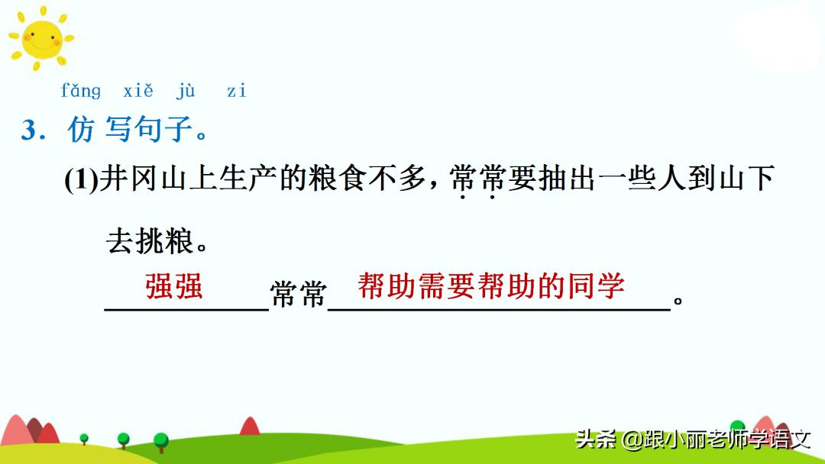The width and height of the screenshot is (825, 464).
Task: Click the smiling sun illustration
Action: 40,39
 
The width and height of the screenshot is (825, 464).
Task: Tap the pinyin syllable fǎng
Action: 80,91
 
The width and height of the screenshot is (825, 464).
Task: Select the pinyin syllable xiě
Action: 138,91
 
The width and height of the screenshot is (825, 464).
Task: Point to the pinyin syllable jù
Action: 186,92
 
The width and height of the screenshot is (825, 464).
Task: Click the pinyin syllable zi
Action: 237,92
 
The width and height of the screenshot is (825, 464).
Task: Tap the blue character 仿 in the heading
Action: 81,130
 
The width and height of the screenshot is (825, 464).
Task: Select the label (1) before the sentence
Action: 82,181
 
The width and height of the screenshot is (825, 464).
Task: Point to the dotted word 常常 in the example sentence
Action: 477,181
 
